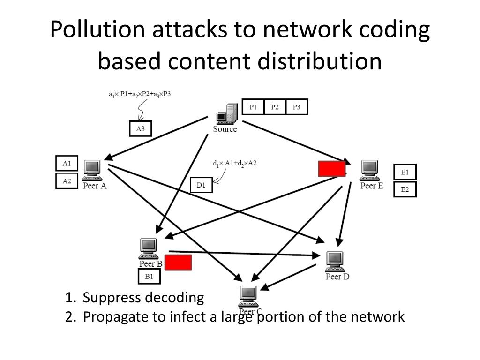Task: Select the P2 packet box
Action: click(x=275, y=107)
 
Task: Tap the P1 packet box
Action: click(x=253, y=107)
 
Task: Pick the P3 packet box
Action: click(x=296, y=107)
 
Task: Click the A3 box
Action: click(x=140, y=129)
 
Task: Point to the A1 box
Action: click(x=67, y=163)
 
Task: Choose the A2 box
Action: click(x=67, y=180)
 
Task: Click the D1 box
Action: click(x=201, y=185)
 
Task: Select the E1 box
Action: click(x=405, y=172)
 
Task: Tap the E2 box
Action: click(x=405, y=189)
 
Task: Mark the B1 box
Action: click(x=149, y=277)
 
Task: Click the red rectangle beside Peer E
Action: click(x=332, y=169)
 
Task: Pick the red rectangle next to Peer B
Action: click(x=178, y=262)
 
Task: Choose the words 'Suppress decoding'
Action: click(x=143, y=298)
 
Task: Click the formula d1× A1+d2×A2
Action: click(x=235, y=164)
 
